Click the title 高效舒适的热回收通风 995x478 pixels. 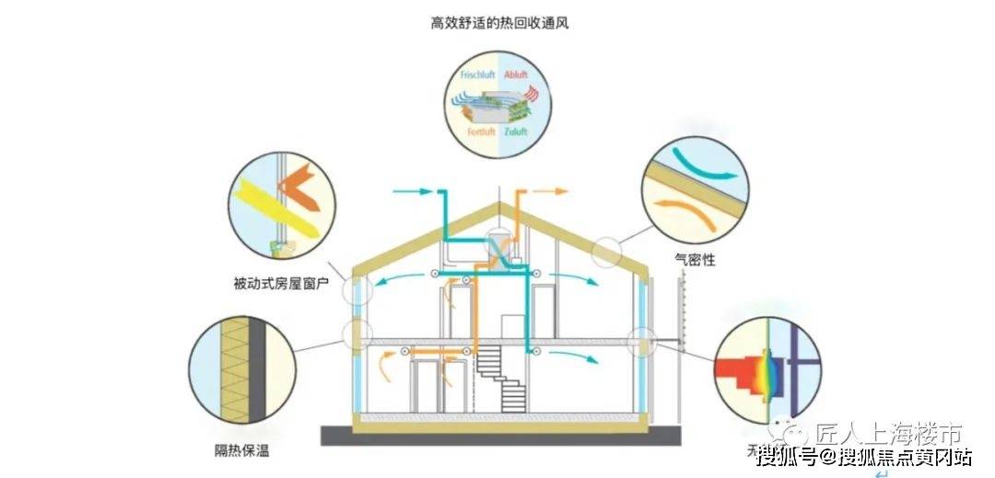(x=498, y=20)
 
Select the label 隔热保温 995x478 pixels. (x=242, y=451)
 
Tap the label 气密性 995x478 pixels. (x=696, y=261)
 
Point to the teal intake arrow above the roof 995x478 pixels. (x=412, y=192)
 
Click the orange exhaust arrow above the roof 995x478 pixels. (x=551, y=192)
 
